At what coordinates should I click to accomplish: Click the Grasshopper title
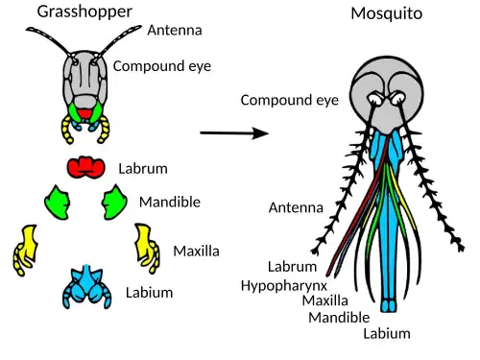point(84,12)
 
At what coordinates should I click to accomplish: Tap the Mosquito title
point(386,13)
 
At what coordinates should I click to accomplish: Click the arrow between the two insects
point(233,133)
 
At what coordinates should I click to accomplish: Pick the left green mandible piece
point(59,203)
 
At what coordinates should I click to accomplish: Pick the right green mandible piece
point(116,202)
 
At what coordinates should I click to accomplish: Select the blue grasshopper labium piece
point(87,287)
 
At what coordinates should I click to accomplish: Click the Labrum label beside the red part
point(142,169)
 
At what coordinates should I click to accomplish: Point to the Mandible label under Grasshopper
point(169,202)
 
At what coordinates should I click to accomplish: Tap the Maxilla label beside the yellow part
point(196,251)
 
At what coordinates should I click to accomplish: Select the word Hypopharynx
point(284,285)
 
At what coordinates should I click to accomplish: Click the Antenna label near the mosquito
point(296,207)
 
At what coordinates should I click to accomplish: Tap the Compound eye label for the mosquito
point(289,100)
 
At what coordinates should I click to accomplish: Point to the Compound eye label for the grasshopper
point(162,66)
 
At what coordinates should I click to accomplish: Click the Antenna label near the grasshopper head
point(174,30)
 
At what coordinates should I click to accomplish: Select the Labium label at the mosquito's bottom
point(386,334)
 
